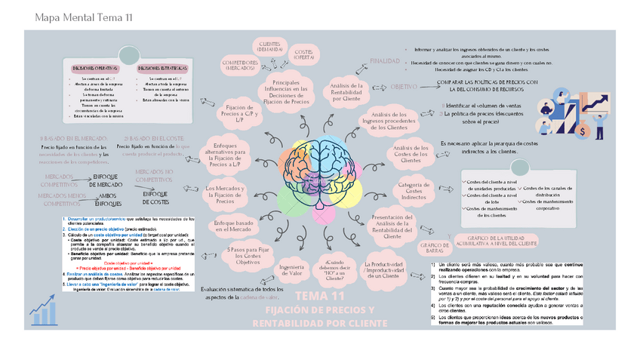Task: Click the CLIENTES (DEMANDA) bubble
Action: (x=269, y=47)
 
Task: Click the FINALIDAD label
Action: (x=384, y=60)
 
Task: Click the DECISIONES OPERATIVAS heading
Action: (x=98, y=67)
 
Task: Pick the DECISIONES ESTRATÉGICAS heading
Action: (x=162, y=67)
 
